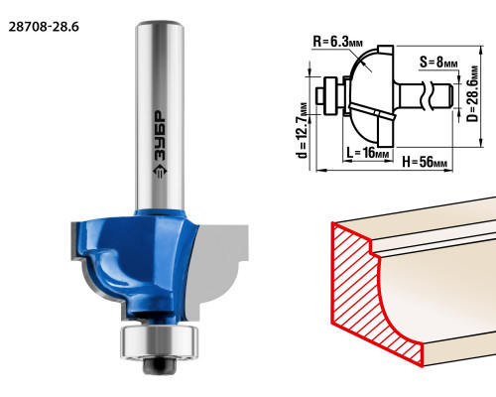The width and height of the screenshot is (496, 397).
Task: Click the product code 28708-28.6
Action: coord(44,27)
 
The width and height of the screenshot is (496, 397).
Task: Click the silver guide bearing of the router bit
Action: coord(160,342)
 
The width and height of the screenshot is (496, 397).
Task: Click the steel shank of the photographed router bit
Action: coord(160,116)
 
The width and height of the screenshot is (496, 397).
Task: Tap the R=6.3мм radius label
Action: coord(337,42)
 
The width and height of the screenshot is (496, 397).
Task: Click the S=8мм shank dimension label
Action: coord(438,62)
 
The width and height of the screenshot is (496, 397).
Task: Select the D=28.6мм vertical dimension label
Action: coord(473,94)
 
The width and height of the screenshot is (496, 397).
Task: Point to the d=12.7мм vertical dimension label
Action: coord(303,130)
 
